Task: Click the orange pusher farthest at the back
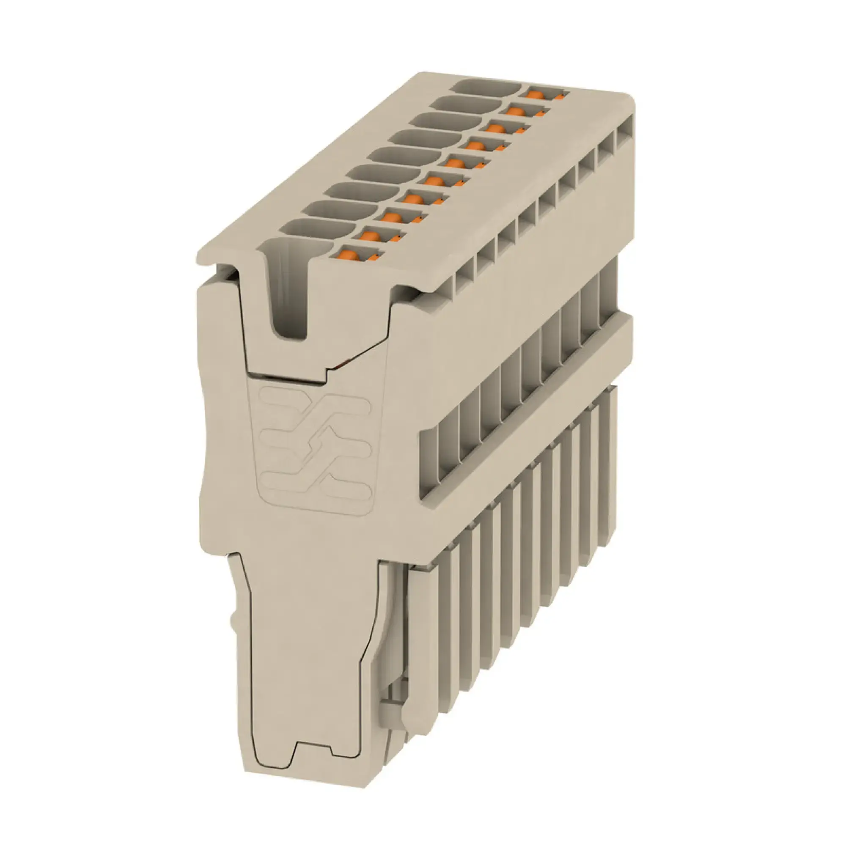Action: (x=533, y=94)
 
